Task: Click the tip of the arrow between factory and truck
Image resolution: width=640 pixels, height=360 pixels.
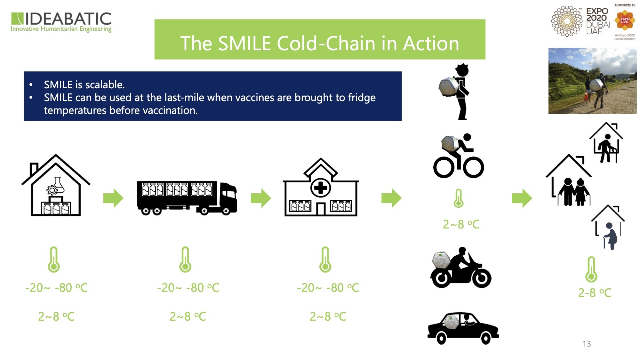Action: pyautogui.click(x=124, y=198)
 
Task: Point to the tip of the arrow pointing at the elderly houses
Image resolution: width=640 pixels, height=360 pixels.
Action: pyautogui.click(x=532, y=198)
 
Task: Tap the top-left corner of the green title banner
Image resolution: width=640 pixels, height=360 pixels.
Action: pyautogui.click(x=155, y=20)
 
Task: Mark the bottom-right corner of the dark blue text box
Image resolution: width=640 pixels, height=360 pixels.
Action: pyautogui.click(x=402, y=121)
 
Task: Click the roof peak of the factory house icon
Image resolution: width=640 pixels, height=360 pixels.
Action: pyautogui.click(x=56, y=155)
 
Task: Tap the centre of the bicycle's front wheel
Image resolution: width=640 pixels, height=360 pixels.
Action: pyautogui.click(x=474, y=167)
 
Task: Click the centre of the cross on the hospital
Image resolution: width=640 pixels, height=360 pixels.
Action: pyautogui.click(x=321, y=188)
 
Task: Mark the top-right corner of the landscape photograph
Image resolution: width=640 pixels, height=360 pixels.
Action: pyautogui.click(x=636, y=48)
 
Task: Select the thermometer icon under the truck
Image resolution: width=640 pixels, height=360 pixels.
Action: pyautogui.click(x=185, y=260)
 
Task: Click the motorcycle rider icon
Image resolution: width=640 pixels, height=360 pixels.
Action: pyautogui.click(x=460, y=268)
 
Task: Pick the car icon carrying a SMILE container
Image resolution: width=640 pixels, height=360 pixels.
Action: pyautogui.click(x=463, y=328)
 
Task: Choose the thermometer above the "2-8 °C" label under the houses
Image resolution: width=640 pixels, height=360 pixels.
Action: pyautogui.click(x=591, y=269)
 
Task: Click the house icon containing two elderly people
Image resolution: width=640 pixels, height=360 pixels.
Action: pyautogui.click(x=569, y=180)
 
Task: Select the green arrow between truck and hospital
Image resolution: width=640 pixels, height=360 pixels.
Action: pyautogui.click(x=261, y=198)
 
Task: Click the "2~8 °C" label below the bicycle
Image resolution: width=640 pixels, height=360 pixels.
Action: pyautogui.click(x=461, y=225)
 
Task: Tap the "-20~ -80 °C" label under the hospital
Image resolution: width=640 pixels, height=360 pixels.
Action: pyautogui.click(x=328, y=288)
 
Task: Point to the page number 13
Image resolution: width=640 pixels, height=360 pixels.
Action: pyautogui.click(x=587, y=344)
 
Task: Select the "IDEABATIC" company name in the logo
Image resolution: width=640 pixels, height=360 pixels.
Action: pyautogui.click(x=68, y=19)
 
